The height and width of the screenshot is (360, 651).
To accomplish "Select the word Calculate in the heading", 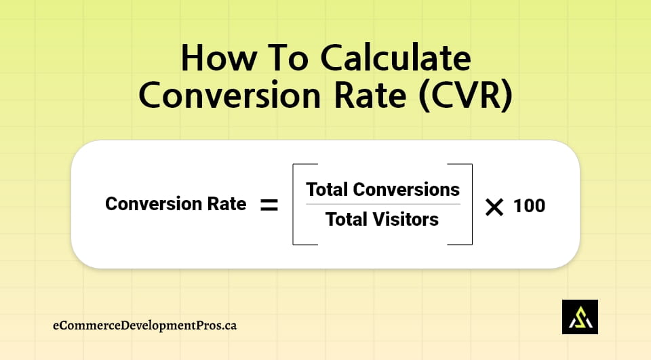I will coord(395,60).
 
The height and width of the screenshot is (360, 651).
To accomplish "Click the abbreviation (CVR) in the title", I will coord(465,96).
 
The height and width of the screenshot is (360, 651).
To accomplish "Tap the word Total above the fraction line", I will coord(328,189).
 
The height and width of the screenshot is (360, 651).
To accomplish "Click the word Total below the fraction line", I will coord(347,220).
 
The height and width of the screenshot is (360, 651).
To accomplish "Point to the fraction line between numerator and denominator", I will coord(382,204).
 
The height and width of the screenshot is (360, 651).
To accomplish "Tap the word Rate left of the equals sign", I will coord(228,204).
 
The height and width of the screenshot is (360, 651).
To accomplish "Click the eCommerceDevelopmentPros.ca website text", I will coord(144,325).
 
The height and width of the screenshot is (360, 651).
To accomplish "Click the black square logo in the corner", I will coord(580,317).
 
